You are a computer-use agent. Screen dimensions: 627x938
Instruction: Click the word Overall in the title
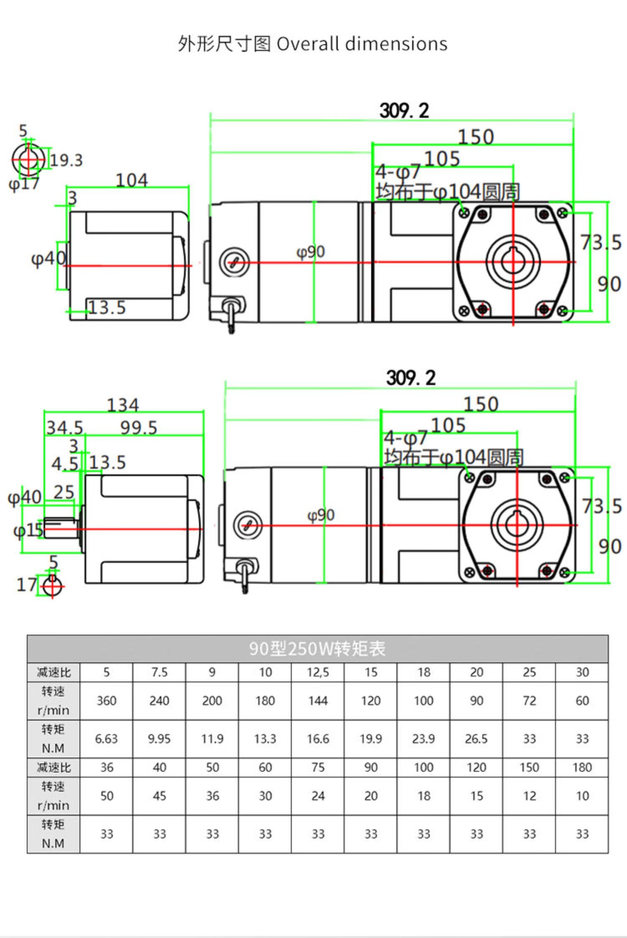pos(308,44)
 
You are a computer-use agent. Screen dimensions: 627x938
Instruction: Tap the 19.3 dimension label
pos(66,160)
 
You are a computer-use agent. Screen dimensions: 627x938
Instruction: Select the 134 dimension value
pos(123,405)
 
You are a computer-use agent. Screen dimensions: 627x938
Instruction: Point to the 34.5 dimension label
pos(65,427)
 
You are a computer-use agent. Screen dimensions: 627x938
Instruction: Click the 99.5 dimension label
pos(139,427)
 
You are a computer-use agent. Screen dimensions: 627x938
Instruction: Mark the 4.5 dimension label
pos(65,464)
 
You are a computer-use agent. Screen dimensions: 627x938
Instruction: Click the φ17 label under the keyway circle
pos(24,184)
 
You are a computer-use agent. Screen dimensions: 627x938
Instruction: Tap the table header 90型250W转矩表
pos(317,648)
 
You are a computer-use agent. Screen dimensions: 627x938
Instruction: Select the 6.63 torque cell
pos(106,739)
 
